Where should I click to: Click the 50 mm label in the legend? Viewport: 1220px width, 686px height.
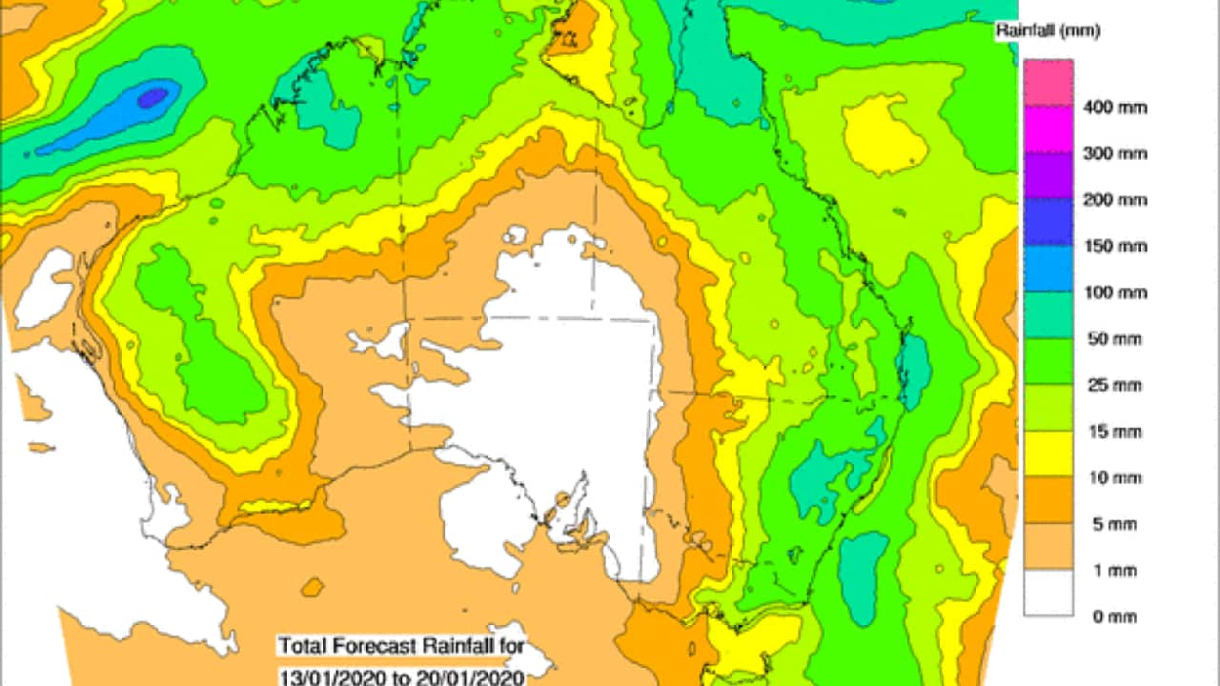click(x=1112, y=340)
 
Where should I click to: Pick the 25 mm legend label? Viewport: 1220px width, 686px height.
click(x=1112, y=387)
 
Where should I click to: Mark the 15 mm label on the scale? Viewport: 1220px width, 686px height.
click(x=1112, y=433)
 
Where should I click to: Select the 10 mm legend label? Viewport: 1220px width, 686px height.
click(x=1112, y=478)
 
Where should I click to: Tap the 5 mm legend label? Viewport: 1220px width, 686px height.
click(x=1108, y=525)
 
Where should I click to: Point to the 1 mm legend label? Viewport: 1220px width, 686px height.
click(x=1108, y=572)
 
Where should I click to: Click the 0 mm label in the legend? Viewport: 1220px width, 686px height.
click(x=1108, y=617)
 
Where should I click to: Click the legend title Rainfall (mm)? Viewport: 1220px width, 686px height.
click(x=1048, y=31)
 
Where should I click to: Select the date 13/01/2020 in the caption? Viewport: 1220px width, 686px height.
click(x=322, y=677)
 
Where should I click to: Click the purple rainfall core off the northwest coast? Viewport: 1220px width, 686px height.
click(x=152, y=96)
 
